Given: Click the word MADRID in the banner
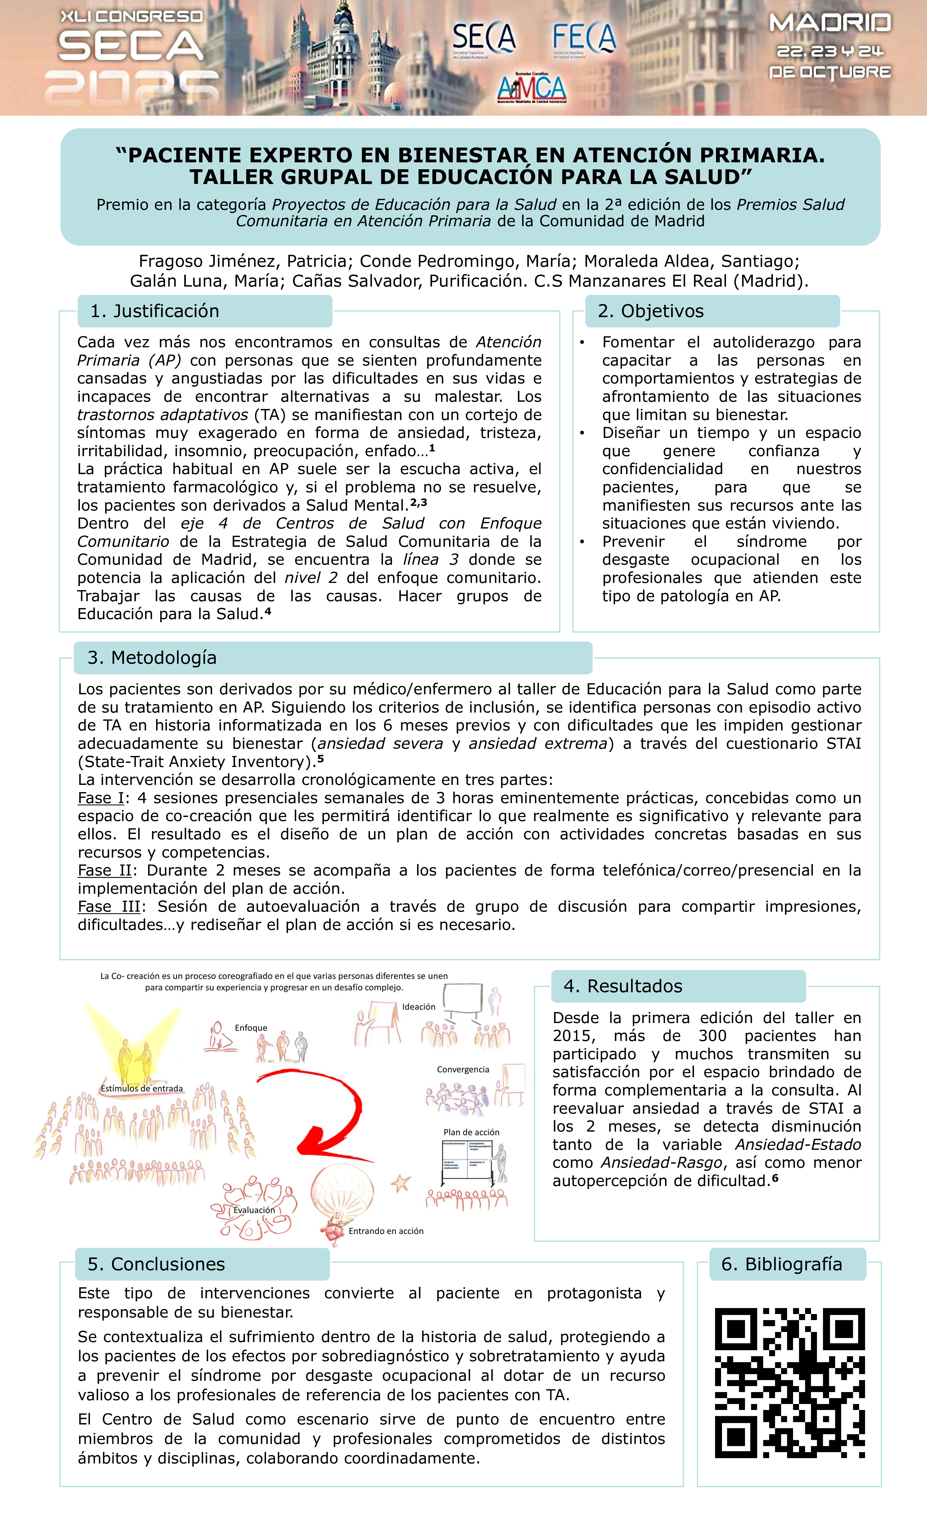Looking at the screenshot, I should [830, 23].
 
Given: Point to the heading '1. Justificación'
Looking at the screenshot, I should [155, 311].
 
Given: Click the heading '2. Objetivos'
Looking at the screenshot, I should [651, 311].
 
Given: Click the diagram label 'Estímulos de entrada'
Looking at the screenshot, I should [142, 1088].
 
